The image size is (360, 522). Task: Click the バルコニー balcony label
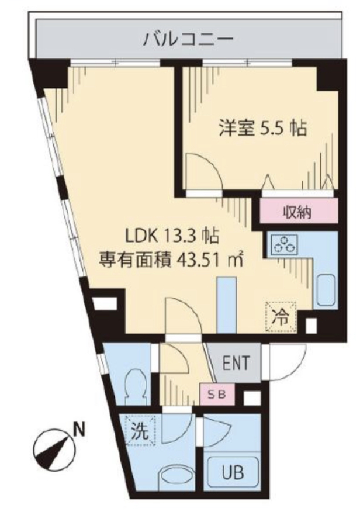click(x=189, y=40)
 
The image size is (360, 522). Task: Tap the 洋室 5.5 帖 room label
click(x=263, y=128)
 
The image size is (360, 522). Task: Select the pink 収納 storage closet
click(x=297, y=212)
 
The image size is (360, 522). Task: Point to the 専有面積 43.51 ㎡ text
click(x=171, y=258)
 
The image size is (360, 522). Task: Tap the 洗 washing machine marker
click(x=139, y=432)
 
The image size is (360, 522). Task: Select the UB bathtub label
click(x=232, y=471)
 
